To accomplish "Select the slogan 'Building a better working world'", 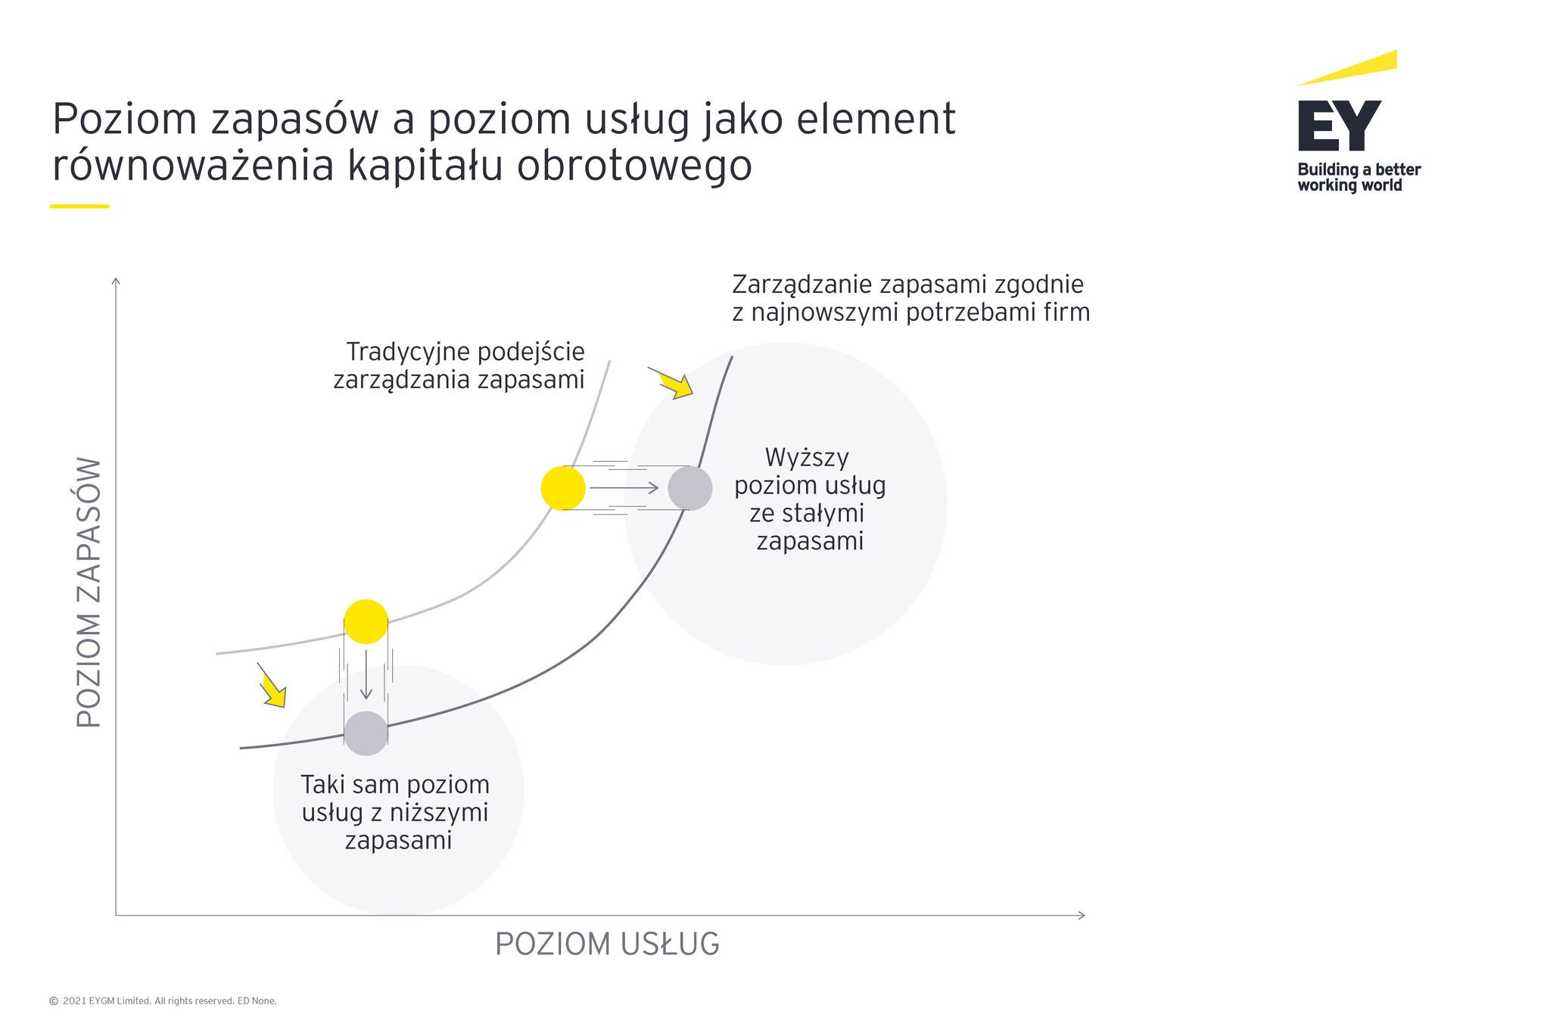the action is (1359, 177).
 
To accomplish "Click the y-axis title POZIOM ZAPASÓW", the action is (89, 593).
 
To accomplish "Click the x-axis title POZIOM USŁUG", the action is (607, 944).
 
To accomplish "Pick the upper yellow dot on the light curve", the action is (563, 488).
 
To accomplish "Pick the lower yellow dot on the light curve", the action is (366, 621).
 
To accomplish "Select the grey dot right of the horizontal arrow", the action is (690, 488).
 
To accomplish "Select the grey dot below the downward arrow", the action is (366, 733).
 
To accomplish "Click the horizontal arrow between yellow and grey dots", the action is (624, 488).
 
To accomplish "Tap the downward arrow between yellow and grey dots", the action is (366, 674).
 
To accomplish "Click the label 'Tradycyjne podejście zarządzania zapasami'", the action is (459, 366).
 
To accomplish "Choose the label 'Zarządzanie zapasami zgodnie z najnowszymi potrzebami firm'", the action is (911, 298).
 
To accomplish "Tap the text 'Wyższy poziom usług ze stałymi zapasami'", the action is (810, 499).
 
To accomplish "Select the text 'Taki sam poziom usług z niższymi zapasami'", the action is (396, 812).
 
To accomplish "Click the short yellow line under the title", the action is (79, 206).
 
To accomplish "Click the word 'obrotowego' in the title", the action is (634, 166).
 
